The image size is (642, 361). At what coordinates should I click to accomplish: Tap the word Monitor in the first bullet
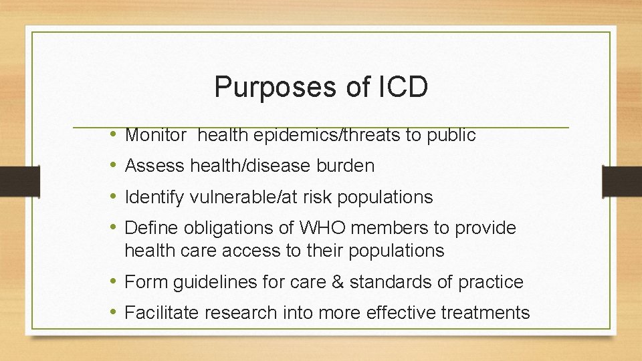click(156, 135)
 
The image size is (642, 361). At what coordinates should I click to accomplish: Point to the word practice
click(492, 282)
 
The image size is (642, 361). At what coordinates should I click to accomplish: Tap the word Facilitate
click(163, 312)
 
